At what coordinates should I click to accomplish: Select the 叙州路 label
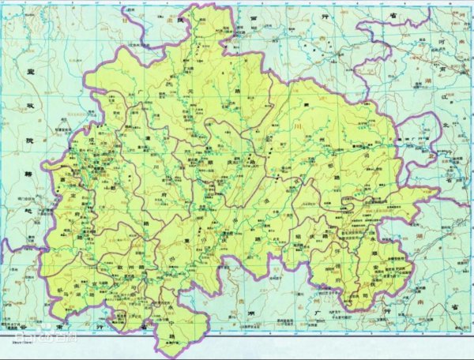(126, 271)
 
